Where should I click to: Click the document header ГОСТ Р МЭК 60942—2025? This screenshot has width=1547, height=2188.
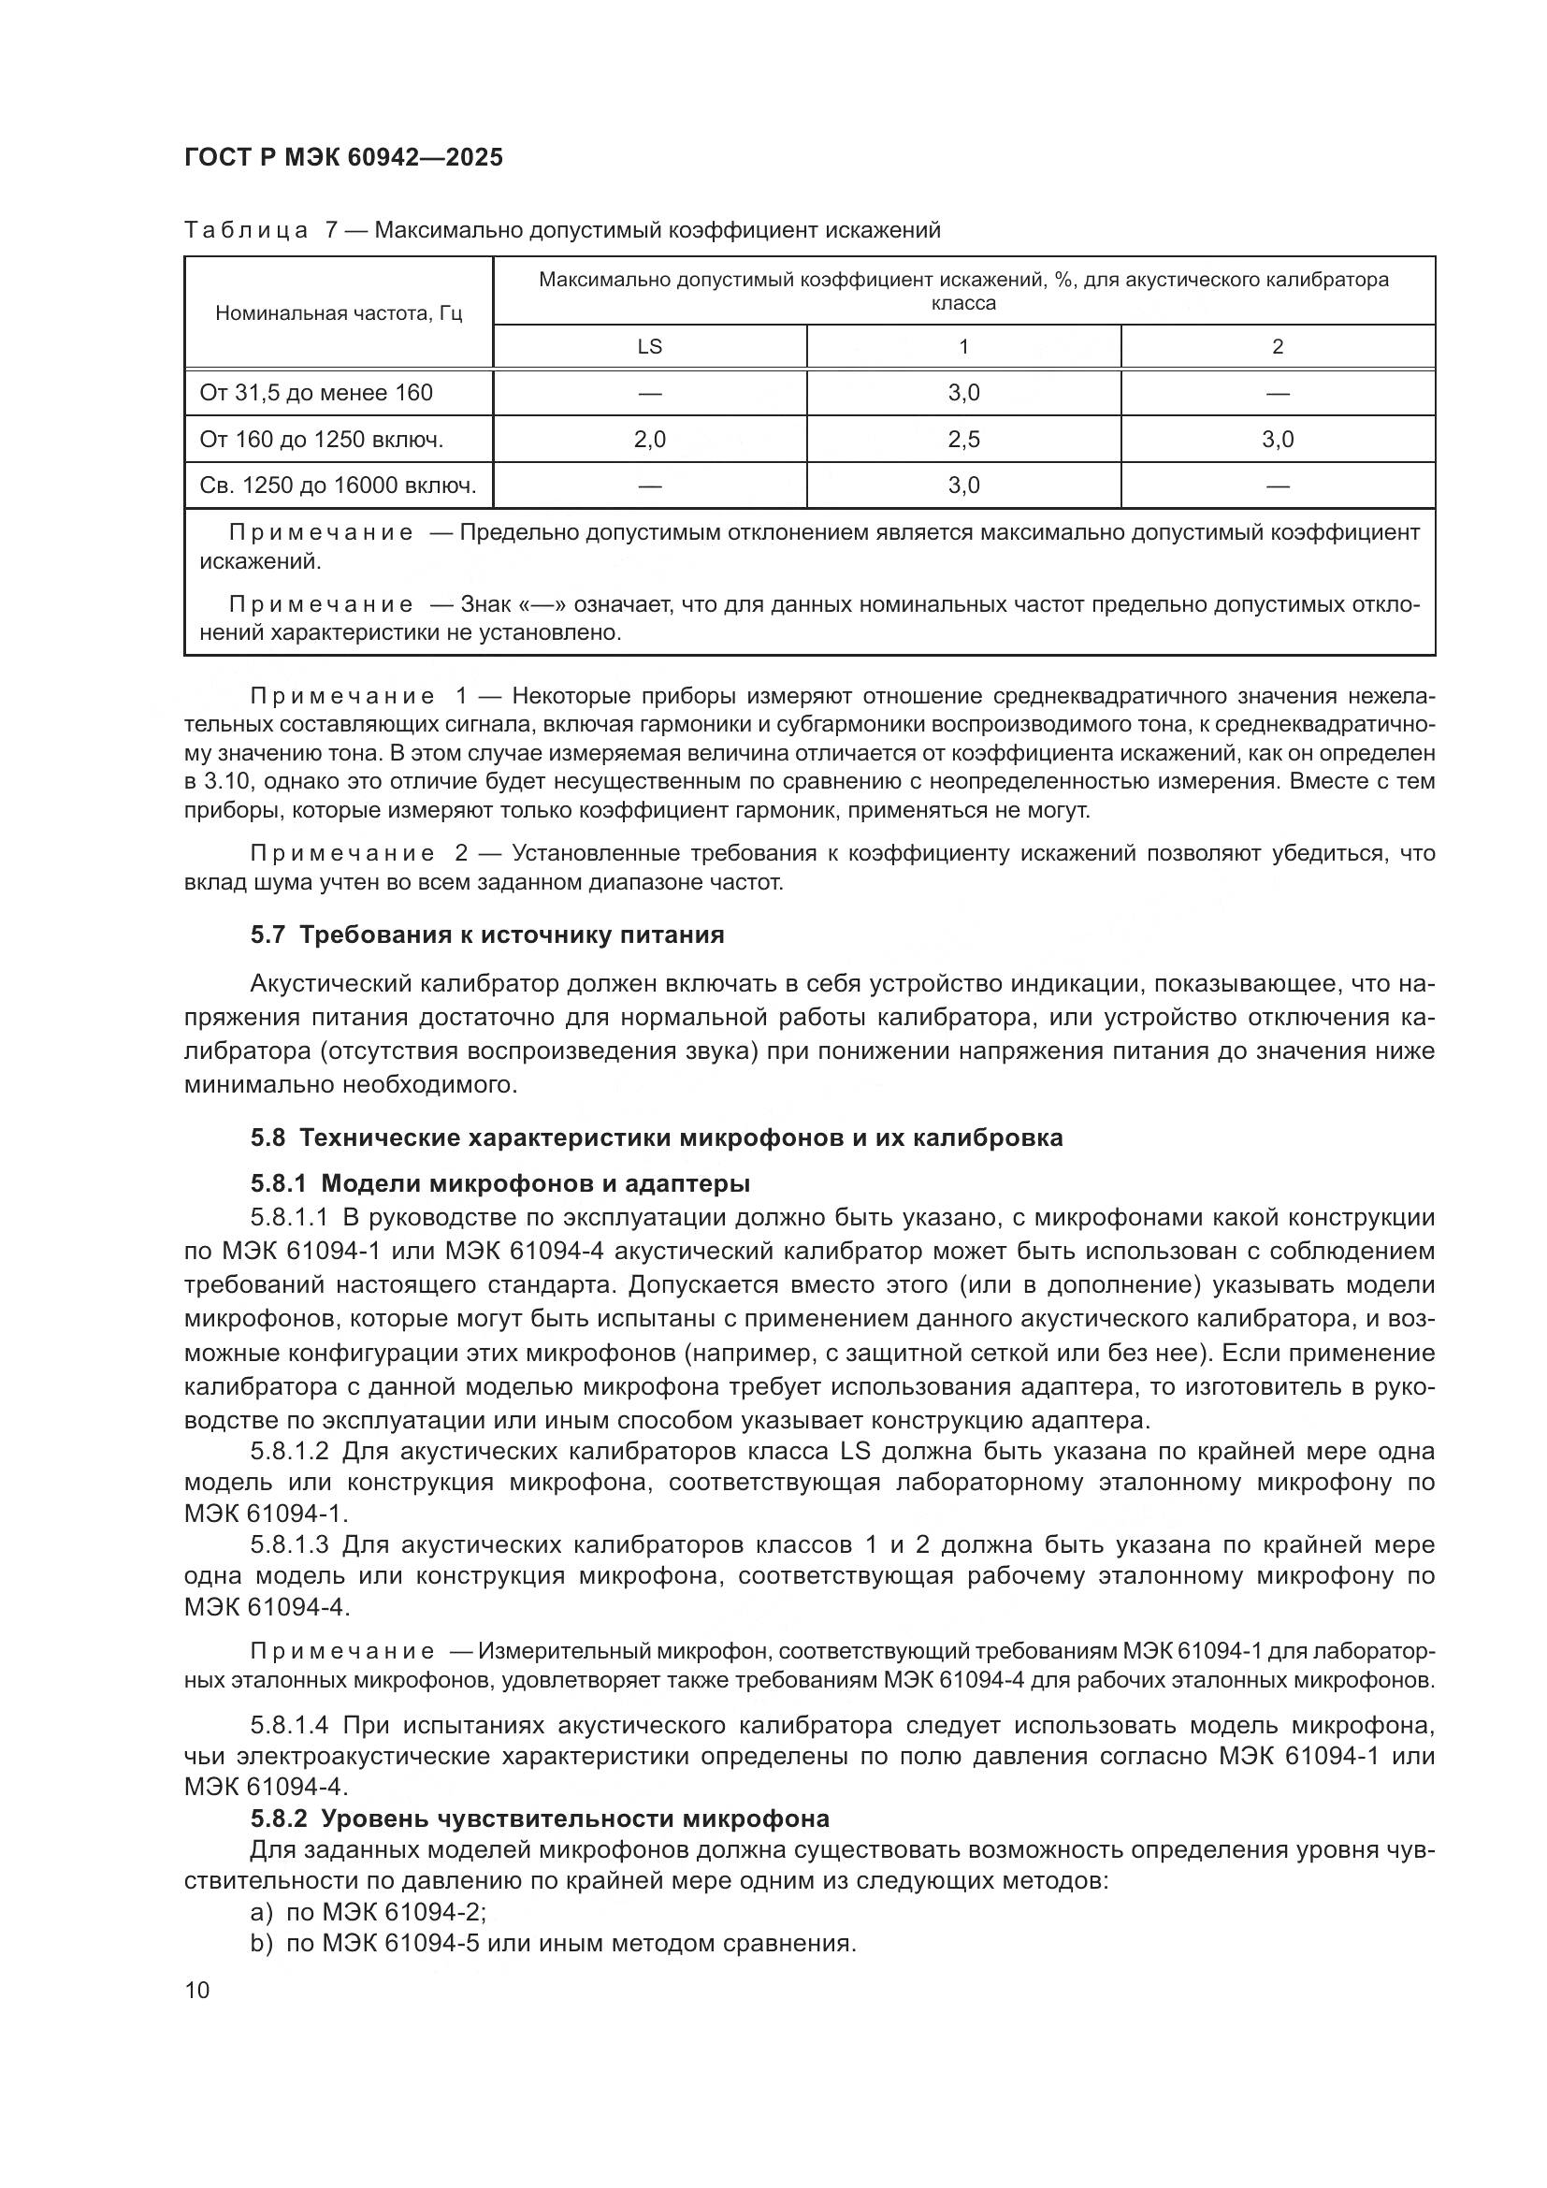tap(343, 157)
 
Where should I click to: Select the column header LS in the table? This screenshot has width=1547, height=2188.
tap(650, 347)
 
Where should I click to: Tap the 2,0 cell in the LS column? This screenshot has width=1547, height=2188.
tap(650, 440)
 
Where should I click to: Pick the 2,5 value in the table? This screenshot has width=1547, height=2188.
tap(963, 440)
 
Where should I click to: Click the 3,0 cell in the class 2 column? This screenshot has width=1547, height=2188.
tap(1278, 440)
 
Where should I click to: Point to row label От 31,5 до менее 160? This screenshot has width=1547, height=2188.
tap(316, 393)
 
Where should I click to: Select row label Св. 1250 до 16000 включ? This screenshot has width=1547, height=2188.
tap(338, 486)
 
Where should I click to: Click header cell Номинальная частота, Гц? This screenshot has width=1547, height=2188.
tap(339, 313)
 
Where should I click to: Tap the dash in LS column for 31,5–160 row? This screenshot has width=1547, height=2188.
tap(650, 393)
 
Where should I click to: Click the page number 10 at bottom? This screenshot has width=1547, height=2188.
tap(197, 1990)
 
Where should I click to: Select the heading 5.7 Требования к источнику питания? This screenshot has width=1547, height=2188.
tap(486, 935)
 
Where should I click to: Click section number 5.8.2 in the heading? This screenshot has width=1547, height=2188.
tap(279, 1819)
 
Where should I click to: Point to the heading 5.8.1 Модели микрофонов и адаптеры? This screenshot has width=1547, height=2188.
tap(500, 1183)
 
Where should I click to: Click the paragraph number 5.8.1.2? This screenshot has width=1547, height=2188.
tap(290, 1453)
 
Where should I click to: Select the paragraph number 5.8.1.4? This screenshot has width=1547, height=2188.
tap(290, 1726)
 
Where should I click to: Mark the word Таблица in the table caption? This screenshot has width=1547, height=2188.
tap(246, 231)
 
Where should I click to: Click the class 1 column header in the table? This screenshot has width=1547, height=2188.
tap(963, 347)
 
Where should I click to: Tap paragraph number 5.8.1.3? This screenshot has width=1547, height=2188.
tap(290, 1544)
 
